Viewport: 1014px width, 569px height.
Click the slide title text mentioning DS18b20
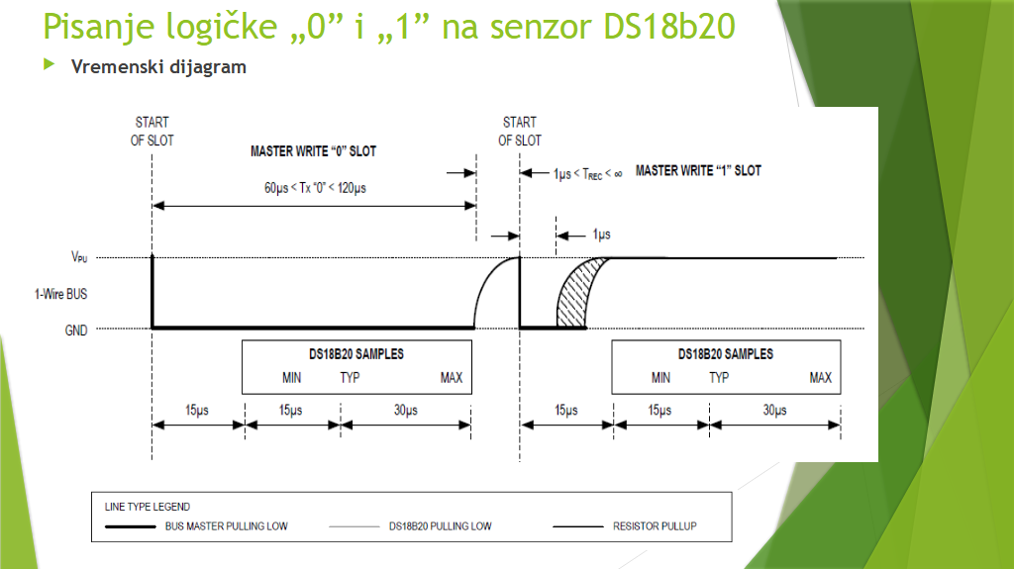click(x=389, y=27)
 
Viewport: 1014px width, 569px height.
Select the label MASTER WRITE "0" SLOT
click(x=313, y=152)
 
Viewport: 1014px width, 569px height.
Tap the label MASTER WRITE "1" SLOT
click(x=698, y=170)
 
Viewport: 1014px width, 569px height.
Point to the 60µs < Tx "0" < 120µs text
click(x=314, y=188)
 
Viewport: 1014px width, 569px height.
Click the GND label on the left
click(x=76, y=331)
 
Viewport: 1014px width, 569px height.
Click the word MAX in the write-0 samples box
click(x=452, y=378)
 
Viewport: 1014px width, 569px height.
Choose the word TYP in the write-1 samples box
click(x=719, y=378)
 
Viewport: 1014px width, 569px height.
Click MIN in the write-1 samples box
click(x=660, y=378)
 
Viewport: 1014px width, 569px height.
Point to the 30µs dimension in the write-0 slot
click(x=405, y=410)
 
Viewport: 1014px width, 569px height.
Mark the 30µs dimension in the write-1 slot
click(x=775, y=410)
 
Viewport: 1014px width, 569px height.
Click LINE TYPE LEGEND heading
click(x=148, y=507)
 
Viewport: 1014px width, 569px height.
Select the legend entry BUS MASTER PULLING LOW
click(x=226, y=526)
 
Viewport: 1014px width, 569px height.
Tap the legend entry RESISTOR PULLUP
click(x=655, y=526)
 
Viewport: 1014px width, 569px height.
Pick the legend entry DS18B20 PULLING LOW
click(x=441, y=526)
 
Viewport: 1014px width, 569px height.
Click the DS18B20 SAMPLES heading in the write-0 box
click(x=355, y=354)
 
